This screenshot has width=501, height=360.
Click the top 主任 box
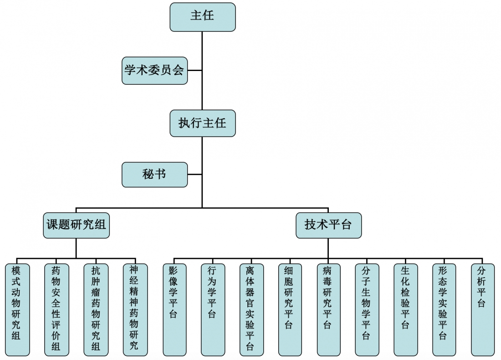[x=203, y=17]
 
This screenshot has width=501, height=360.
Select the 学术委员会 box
[x=154, y=71]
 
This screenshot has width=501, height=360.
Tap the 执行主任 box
[x=203, y=123]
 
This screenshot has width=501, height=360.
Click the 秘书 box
[x=154, y=174]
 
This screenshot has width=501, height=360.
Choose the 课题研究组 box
[x=76, y=225]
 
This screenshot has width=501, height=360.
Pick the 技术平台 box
[x=328, y=225]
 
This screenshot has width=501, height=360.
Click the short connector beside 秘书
[x=195, y=174]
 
